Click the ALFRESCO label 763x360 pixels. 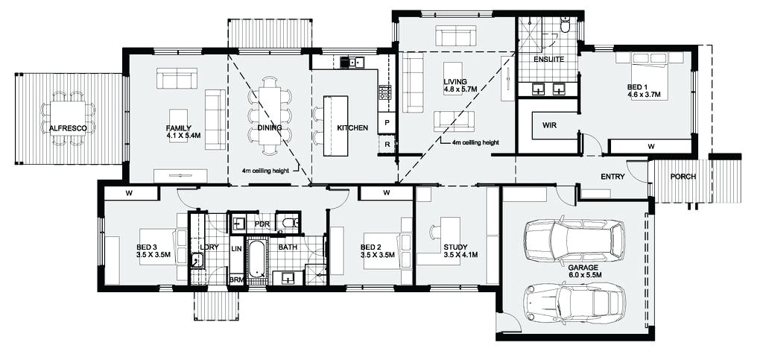click(69, 128)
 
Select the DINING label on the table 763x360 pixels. click(270, 127)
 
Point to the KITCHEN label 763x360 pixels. click(352, 128)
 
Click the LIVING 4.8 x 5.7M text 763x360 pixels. click(455, 86)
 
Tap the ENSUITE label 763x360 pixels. click(548, 59)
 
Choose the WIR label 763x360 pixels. click(550, 124)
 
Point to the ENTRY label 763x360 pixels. click(612, 177)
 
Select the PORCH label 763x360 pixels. click(683, 177)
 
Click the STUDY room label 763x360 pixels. click(455, 251)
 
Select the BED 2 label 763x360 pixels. click(376, 251)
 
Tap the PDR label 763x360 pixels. click(262, 224)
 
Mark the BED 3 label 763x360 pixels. click(152, 251)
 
